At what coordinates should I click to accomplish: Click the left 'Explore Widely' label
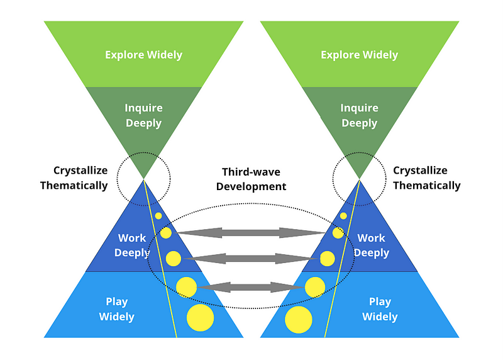pyautogui.click(x=143, y=55)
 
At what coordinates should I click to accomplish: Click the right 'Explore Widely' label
pyautogui.click(x=359, y=55)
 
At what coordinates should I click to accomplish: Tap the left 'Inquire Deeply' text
pyautogui.click(x=143, y=115)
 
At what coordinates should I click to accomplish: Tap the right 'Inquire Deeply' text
pyautogui.click(x=359, y=115)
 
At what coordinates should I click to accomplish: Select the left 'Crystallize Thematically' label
pyautogui.click(x=74, y=178)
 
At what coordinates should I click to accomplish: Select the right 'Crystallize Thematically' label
pyautogui.click(x=427, y=178)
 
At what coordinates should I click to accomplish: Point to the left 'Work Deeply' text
pyautogui.click(x=132, y=245)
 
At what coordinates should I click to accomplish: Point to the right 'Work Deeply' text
pyautogui.click(x=371, y=245)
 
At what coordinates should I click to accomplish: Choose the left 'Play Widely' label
pyautogui.click(x=117, y=309)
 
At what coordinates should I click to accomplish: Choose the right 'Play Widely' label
pyautogui.click(x=380, y=309)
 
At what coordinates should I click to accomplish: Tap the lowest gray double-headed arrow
pyautogui.click(x=251, y=287)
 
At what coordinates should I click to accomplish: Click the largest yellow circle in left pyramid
pyautogui.click(x=201, y=318)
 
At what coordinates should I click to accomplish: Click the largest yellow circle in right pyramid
pyautogui.click(x=299, y=319)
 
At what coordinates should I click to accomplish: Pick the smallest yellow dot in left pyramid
pyautogui.click(x=158, y=216)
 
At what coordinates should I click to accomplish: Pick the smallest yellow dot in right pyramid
pyautogui.click(x=343, y=216)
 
